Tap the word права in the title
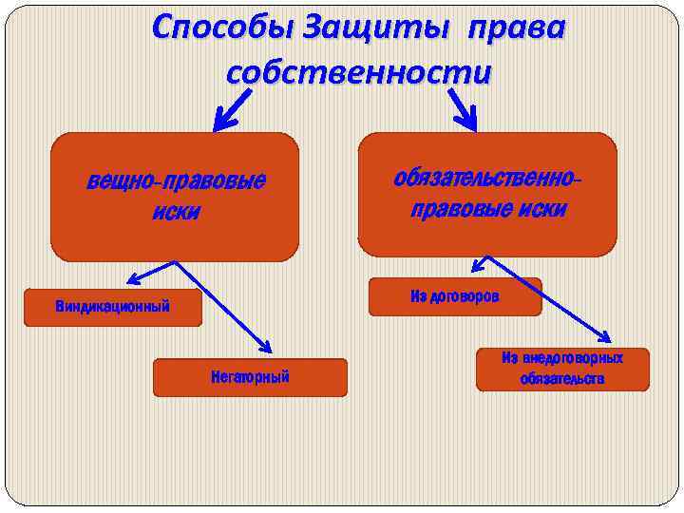point(514,28)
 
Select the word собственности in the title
point(359,71)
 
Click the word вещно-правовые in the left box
point(176,180)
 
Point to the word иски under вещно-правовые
point(176,211)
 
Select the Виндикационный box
point(113,307)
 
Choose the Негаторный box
point(250,377)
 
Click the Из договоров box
point(454,296)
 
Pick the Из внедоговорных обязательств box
point(562,369)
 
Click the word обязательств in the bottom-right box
point(562,379)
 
